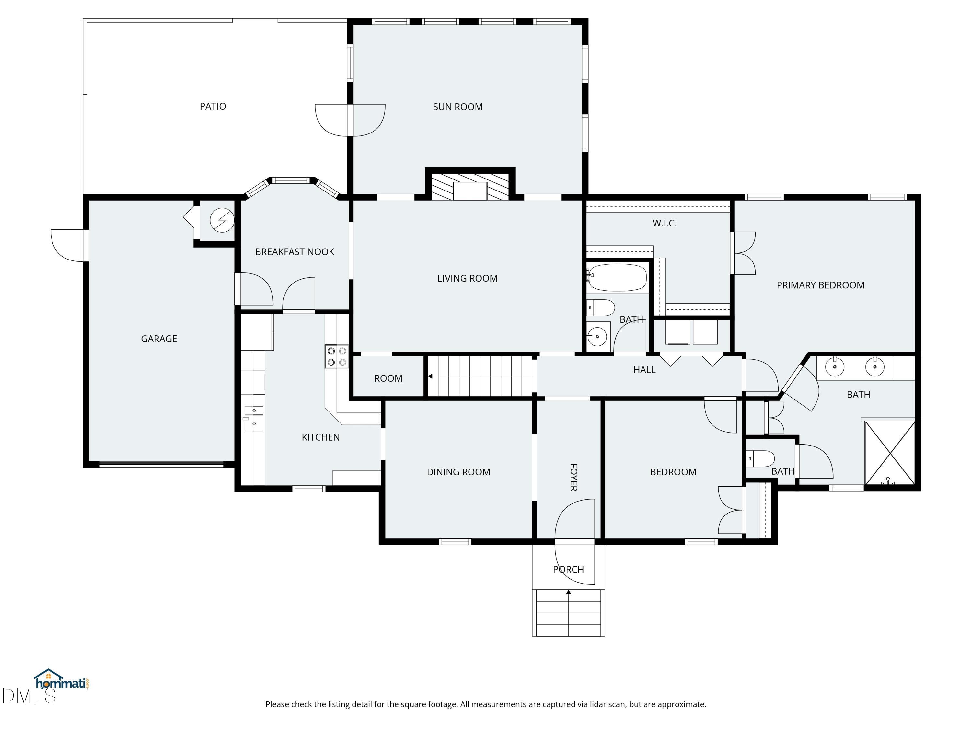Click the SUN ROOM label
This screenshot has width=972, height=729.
pyautogui.click(x=457, y=107)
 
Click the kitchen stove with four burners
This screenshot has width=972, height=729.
pyautogui.click(x=337, y=356)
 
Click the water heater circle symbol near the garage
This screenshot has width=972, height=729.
pyautogui.click(x=222, y=220)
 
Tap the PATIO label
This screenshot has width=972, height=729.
pyautogui.click(x=213, y=106)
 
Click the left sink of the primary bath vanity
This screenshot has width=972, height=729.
pyautogui.click(x=834, y=366)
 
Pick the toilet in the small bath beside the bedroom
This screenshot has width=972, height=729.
pyautogui.click(x=761, y=459)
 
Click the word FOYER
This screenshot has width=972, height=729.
pyautogui.click(x=573, y=477)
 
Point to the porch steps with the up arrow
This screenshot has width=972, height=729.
pyautogui.click(x=568, y=613)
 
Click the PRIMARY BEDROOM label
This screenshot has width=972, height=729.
pyautogui.click(x=820, y=285)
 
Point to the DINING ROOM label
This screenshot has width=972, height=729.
pyautogui.click(x=458, y=472)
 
